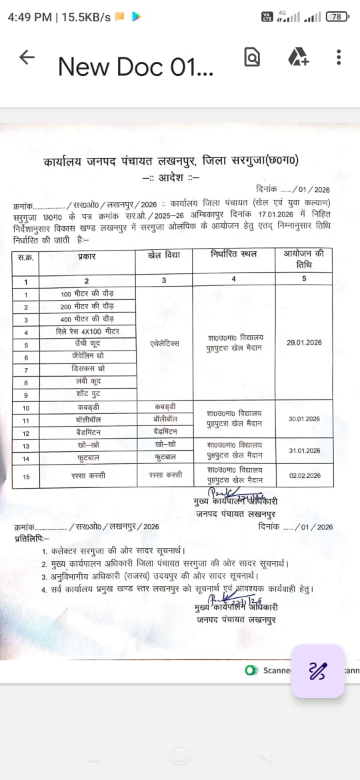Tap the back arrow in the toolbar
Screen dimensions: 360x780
27,57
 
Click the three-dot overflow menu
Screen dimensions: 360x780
339,57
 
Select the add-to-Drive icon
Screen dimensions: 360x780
298,57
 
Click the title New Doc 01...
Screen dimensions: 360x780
135,66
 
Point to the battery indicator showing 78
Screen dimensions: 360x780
337,17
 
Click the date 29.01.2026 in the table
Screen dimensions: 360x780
304,342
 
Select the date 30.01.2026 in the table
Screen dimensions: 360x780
304,419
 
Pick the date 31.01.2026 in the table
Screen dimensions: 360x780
304,451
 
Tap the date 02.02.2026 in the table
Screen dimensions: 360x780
304,475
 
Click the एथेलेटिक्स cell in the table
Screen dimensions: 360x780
165,343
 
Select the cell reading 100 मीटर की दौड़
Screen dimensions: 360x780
87,294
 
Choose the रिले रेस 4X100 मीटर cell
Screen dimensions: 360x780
87,331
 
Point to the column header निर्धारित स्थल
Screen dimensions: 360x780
233,255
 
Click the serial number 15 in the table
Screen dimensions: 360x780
26,475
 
